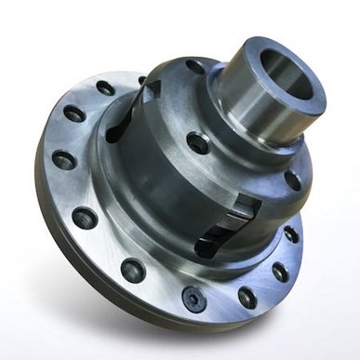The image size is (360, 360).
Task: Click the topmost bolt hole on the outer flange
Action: pyautogui.click(x=105, y=87)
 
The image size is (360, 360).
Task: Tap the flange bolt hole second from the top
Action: pyautogui.click(x=74, y=115)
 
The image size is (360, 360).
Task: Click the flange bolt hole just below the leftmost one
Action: pyautogui.click(x=84, y=219)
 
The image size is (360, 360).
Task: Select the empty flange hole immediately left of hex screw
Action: pyautogui.click(x=132, y=270)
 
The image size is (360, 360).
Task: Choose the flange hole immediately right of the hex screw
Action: pyautogui.click(x=247, y=298)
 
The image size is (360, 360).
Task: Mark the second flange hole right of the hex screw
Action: pyautogui.click(x=280, y=273)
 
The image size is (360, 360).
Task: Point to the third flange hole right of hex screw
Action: pyautogui.click(x=292, y=233)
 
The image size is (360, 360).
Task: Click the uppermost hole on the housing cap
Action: pyautogui.click(x=193, y=67)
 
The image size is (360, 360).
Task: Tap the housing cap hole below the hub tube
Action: pyautogui.click(x=197, y=143)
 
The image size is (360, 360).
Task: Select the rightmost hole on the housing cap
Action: pyautogui.click(x=294, y=179)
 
